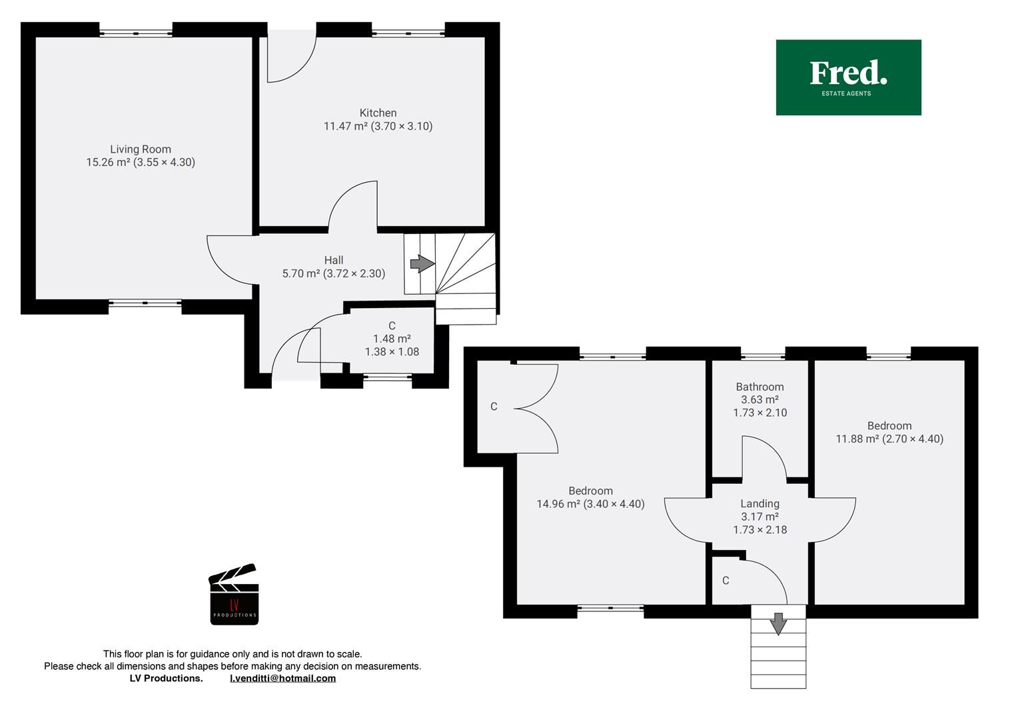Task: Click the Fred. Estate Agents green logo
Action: [x=848, y=77]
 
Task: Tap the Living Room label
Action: [x=141, y=149]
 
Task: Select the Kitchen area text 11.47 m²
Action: [x=345, y=126]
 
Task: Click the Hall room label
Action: [x=334, y=260]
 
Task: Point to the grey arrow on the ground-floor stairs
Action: [x=422, y=264]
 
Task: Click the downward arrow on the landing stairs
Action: [x=778, y=624]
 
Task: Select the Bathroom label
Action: [x=760, y=387]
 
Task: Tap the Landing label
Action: [x=760, y=504]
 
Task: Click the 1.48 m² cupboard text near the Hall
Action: [x=392, y=339]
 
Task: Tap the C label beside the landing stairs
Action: [x=726, y=581]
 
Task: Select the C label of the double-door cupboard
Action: [x=494, y=407]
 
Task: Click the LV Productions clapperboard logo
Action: [x=234, y=595]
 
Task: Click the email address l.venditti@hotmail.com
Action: [x=282, y=678]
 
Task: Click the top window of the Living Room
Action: [x=136, y=33]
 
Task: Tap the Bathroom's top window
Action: [x=763, y=356]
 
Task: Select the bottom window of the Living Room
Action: [x=145, y=303]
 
